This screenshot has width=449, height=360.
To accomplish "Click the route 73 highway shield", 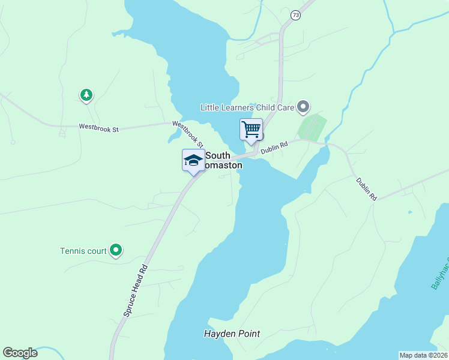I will click(x=295, y=15).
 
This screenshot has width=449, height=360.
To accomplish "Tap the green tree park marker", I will click(x=86, y=95).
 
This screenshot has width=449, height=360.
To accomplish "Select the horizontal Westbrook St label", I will click(x=100, y=127).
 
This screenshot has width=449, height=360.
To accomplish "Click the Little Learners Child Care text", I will click(x=247, y=107).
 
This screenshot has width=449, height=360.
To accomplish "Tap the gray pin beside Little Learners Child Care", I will click(x=303, y=107).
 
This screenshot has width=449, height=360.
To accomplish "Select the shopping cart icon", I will click(x=251, y=129).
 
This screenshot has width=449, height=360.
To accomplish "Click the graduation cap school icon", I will click(x=193, y=160).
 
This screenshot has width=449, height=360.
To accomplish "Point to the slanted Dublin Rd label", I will click(x=366, y=188).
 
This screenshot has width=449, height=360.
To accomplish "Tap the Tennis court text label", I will click(x=83, y=251).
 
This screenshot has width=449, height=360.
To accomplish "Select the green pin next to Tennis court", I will click(x=116, y=250).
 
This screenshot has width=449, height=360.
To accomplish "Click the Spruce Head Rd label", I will click(x=135, y=290).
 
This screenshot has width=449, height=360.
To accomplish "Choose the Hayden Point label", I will click(x=231, y=334).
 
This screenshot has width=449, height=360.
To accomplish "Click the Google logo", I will click(x=20, y=353).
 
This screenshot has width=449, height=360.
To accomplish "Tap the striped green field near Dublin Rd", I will click(x=312, y=127).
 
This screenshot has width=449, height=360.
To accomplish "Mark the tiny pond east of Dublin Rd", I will click(x=410, y=212).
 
